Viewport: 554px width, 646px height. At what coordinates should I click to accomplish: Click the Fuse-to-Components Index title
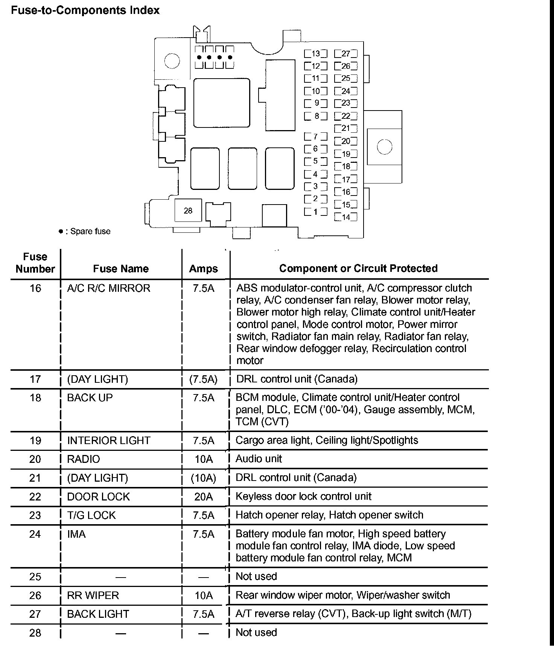(85, 10)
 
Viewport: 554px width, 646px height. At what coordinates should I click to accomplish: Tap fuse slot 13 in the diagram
(315, 54)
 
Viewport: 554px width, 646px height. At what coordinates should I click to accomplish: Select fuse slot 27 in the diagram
(345, 54)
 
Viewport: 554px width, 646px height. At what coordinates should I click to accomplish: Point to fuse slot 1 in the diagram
(315, 212)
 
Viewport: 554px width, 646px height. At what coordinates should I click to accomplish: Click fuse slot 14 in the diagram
(345, 217)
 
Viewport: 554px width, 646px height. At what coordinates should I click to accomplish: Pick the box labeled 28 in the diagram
(188, 211)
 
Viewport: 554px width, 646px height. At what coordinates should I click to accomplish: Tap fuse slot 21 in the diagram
(345, 128)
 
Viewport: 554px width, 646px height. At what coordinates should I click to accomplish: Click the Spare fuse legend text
(90, 231)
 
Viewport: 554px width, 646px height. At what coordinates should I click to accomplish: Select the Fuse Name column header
(121, 268)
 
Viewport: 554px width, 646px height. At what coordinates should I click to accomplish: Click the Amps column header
(204, 268)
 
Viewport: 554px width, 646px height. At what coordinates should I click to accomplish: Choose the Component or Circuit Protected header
(358, 268)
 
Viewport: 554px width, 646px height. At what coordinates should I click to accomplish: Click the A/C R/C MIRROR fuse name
(108, 288)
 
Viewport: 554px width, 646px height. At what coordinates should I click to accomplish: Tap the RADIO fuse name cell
(84, 459)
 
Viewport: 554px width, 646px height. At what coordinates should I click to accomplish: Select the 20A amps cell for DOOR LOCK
(204, 497)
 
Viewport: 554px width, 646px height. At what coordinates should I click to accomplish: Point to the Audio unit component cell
(259, 459)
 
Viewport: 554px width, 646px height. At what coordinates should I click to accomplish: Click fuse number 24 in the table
(35, 534)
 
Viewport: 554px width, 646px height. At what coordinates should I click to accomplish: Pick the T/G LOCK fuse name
(91, 515)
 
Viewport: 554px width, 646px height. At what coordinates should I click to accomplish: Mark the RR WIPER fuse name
(93, 595)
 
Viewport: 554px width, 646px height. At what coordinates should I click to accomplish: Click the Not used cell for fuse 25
(256, 576)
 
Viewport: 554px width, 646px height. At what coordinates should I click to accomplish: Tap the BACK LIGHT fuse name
(98, 614)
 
